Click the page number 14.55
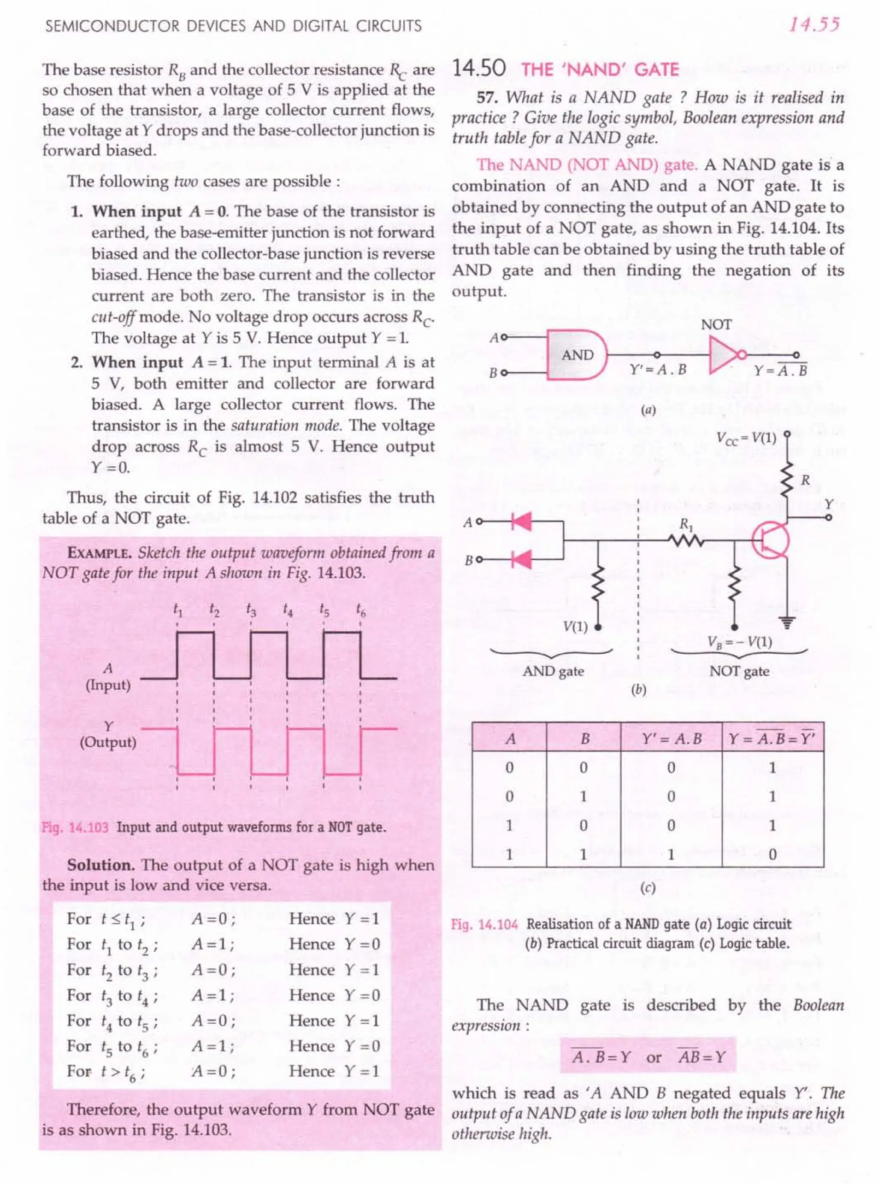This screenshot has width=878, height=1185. coord(814,25)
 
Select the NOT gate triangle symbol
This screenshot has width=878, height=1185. coord(723,355)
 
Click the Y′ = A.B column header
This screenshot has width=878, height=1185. coord(671,739)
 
